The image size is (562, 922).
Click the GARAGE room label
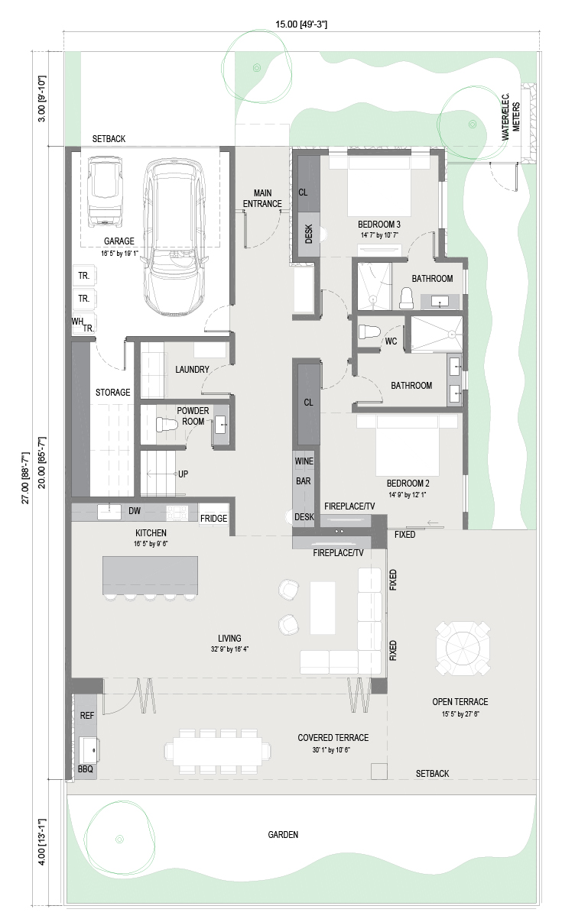click(x=119, y=241)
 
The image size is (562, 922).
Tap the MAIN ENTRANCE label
click(x=262, y=199)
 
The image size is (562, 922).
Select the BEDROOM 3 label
click(x=379, y=225)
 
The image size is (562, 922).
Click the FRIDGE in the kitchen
click(x=214, y=519)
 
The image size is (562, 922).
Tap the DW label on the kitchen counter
click(x=135, y=511)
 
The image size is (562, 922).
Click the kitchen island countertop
click(x=150, y=575)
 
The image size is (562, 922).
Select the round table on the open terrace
click(x=463, y=649)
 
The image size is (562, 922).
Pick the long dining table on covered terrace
click(x=218, y=751)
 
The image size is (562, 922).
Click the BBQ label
click(x=86, y=769)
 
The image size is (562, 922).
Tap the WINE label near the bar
click(x=304, y=461)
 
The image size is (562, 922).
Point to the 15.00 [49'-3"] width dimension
click(x=301, y=24)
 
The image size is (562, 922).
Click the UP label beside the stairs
click(x=183, y=474)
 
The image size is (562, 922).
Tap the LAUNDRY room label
click(x=192, y=369)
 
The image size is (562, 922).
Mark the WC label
click(x=391, y=341)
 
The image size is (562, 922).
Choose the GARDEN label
click(x=283, y=834)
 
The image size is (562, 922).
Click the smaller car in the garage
click(x=106, y=191)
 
